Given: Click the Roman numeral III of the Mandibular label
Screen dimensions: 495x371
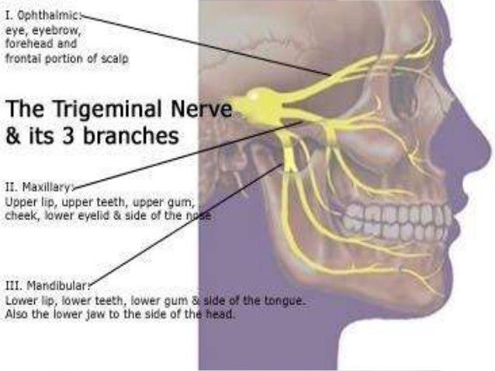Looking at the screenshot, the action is point(12,284).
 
